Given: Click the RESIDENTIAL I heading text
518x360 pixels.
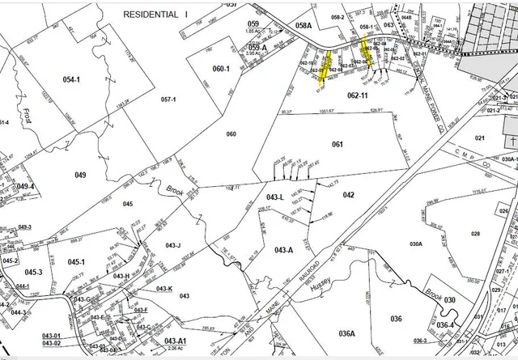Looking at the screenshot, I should pyautogui.click(x=157, y=15).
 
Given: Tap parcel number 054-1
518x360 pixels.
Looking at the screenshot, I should pyautogui.click(x=72, y=79).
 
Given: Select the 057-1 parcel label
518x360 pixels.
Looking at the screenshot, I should pyautogui.click(x=168, y=99).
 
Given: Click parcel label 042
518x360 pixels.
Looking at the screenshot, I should pyautogui.click(x=349, y=195).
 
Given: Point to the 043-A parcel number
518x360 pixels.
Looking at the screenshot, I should pyautogui.click(x=283, y=249).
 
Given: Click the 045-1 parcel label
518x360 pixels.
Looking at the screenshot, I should pyautogui.click(x=76, y=261).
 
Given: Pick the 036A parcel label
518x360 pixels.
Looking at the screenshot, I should pyautogui.click(x=347, y=332).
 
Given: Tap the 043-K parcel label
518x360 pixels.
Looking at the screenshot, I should pyautogui.click(x=164, y=289).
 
